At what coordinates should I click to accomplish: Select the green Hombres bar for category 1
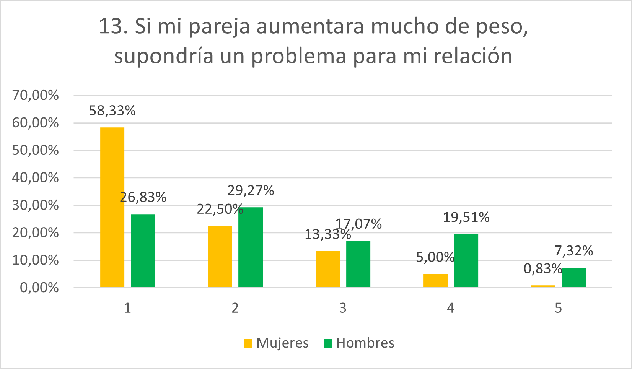143,250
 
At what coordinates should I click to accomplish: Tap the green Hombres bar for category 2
251,247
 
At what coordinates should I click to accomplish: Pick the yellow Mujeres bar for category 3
327,269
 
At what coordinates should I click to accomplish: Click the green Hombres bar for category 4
466,260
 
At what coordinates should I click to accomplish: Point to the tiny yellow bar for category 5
543,286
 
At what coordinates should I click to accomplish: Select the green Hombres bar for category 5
573,277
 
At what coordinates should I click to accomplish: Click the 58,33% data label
112,111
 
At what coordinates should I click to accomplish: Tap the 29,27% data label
251,190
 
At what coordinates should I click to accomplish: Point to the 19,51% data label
466,218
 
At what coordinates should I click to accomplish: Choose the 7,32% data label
573,251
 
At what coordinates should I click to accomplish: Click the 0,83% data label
542,269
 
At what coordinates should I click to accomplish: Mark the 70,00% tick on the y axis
35,95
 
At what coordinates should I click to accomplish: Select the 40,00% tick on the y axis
35,178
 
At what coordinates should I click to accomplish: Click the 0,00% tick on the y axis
39,288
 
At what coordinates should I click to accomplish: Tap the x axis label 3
343,308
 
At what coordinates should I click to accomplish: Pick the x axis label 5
558,308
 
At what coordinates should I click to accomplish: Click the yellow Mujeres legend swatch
248,343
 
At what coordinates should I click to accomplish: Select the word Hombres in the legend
365,343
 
